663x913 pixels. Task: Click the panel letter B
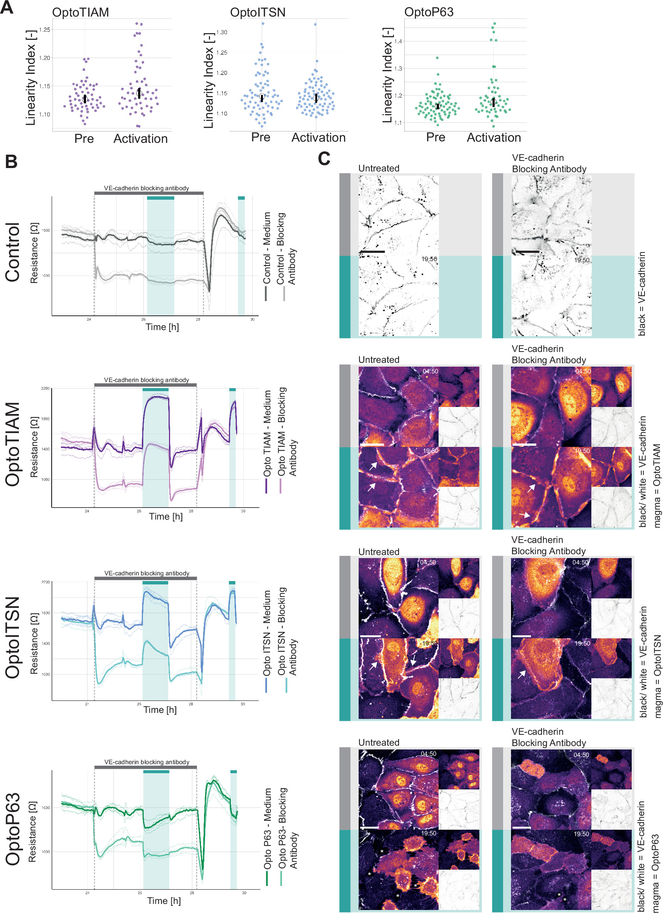(x=11, y=161)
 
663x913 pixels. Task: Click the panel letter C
(x=324, y=159)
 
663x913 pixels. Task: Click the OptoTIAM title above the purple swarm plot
(x=81, y=12)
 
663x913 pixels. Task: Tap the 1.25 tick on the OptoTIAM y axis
(x=45, y=29)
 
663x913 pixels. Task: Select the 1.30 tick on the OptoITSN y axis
(x=221, y=32)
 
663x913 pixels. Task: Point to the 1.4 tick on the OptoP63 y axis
(x=398, y=41)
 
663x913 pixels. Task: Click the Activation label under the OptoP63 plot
(x=494, y=138)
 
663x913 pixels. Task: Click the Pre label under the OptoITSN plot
(x=261, y=137)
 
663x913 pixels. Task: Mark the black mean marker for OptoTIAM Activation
(x=139, y=93)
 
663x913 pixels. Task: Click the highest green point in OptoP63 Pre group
(x=437, y=58)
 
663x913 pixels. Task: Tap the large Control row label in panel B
(x=13, y=252)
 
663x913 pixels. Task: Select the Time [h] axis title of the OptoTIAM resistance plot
(x=166, y=517)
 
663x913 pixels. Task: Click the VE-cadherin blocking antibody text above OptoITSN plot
(x=147, y=573)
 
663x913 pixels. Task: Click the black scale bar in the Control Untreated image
(x=372, y=252)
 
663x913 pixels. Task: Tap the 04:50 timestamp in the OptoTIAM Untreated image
(x=430, y=372)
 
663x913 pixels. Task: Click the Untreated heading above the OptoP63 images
(x=379, y=743)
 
